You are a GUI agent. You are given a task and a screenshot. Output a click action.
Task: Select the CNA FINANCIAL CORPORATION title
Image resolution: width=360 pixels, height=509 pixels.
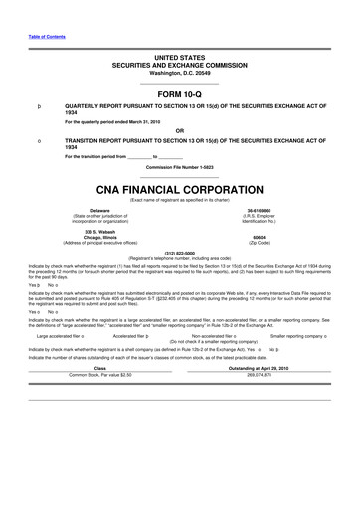179,187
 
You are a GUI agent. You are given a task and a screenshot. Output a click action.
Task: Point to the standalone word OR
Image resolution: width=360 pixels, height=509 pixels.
179,129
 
